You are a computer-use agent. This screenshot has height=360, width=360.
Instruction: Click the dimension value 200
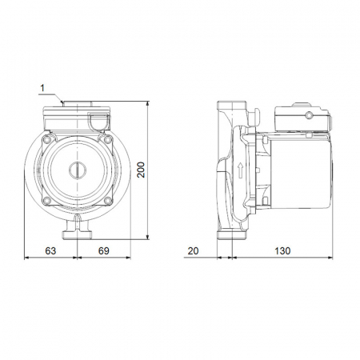141,170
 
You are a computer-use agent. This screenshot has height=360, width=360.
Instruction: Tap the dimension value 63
50,251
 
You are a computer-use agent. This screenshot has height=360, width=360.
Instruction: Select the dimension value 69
104,251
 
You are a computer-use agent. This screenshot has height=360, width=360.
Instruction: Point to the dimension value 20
193,251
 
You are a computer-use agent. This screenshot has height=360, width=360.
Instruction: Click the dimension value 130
282,251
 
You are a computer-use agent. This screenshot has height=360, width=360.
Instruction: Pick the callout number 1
42,88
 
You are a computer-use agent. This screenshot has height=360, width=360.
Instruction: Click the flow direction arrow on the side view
241,170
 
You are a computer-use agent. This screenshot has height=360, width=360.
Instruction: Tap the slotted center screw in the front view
78,170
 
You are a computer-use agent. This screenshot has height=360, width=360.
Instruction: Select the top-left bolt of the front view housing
47,139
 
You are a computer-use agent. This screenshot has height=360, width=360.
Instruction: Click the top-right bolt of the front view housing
108,139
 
